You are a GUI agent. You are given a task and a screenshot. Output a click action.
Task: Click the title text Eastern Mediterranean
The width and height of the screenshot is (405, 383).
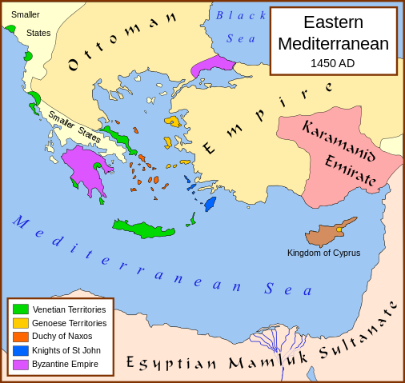click(333, 33)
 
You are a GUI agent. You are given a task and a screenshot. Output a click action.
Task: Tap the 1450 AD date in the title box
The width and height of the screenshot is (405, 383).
click(333, 63)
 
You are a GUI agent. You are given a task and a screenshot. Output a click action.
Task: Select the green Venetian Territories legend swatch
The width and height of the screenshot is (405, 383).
click(21, 309)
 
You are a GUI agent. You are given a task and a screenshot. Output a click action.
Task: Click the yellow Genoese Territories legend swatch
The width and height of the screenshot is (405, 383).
click(21, 323)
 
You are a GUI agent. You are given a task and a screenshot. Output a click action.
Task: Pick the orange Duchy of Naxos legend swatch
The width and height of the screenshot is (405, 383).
click(21, 337)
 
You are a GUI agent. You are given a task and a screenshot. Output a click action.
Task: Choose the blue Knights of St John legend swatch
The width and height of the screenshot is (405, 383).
click(21, 350)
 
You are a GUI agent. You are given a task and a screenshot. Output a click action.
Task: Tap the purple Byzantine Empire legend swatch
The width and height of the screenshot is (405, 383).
click(21, 364)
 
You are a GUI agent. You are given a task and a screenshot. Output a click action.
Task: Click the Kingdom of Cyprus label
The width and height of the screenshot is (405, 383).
click(323, 253)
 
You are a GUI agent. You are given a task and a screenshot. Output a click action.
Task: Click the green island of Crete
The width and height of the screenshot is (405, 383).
click(144, 229)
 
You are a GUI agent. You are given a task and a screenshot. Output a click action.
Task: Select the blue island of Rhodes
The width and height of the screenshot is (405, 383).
click(210, 203)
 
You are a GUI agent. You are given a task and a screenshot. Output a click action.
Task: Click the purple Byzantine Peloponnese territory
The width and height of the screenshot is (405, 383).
click(84, 167)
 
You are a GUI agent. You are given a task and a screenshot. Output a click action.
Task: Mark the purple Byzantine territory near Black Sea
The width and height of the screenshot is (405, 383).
click(211, 63)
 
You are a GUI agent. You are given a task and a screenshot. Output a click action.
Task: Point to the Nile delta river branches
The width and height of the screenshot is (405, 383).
click(277, 344)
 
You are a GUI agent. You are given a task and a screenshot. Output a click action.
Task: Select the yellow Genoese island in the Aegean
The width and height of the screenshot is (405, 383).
click(172, 122)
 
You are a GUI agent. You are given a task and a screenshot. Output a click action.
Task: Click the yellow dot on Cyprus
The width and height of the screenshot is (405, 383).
click(339, 229)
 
